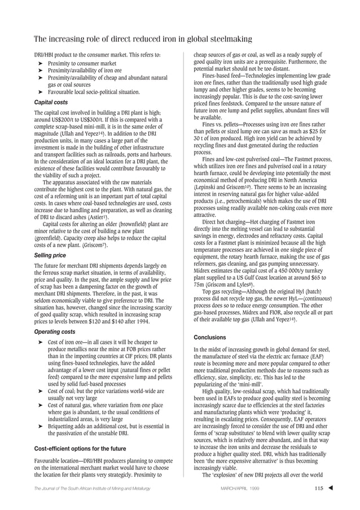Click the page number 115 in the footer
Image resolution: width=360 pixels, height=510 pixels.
[x=321, y=496]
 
